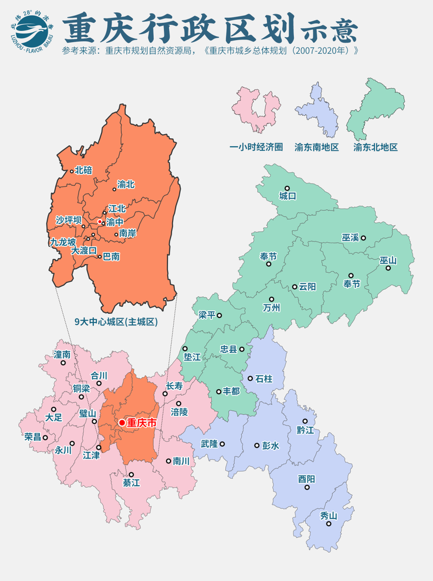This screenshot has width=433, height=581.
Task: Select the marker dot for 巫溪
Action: (x=364, y=237)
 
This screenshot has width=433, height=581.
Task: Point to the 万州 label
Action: (x=271, y=308)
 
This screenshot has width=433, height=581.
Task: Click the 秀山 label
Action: (x=329, y=516)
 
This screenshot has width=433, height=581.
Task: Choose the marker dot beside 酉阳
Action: (x=307, y=487)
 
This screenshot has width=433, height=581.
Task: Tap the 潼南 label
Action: (x=62, y=354)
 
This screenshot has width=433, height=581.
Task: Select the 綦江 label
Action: (x=132, y=483)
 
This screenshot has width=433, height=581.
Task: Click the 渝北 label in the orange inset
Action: (x=126, y=185)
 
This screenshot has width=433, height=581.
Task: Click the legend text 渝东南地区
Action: (x=317, y=147)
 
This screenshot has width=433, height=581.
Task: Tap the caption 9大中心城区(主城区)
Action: (x=116, y=322)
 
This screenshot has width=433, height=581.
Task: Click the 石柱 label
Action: (x=264, y=378)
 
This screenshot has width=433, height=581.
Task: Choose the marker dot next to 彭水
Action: (x=257, y=446)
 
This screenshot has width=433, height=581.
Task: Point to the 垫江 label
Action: (x=192, y=357)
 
